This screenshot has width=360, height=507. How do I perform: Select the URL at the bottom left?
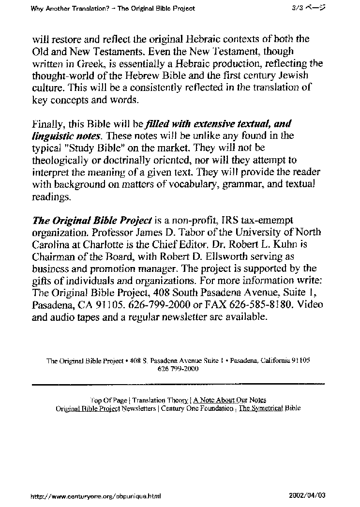click(95, 496)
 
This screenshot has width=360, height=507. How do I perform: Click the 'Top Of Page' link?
click(108, 400)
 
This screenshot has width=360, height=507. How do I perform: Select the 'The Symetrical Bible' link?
click(270, 408)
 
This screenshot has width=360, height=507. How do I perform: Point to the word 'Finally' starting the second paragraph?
click(47, 124)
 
